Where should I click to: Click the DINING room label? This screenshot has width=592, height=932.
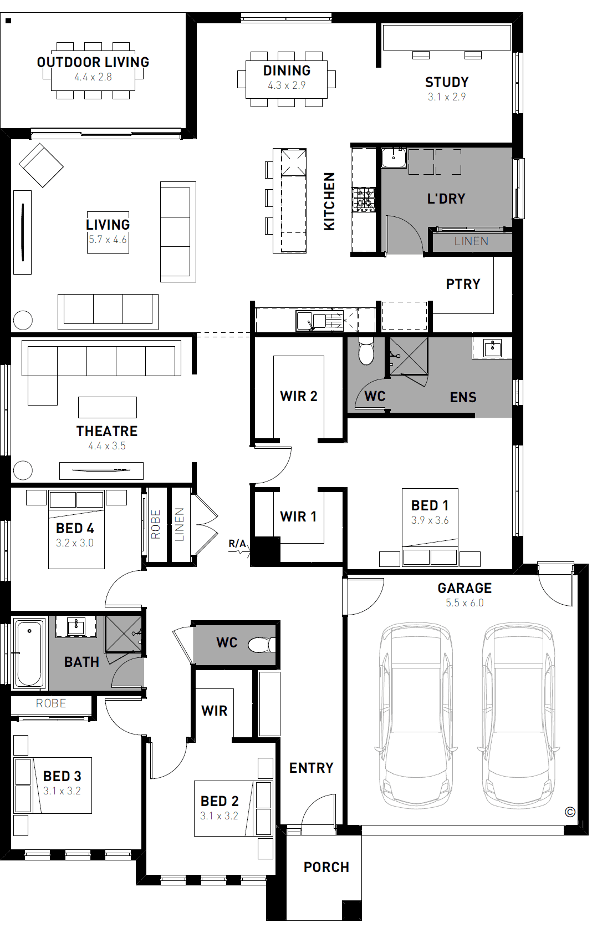click(x=287, y=70)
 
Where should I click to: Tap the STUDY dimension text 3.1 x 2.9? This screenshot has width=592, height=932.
click(x=447, y=97)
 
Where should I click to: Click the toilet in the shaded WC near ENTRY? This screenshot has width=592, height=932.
click(x=262, y=645)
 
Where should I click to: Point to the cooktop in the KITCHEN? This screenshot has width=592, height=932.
click(x=364, y=199)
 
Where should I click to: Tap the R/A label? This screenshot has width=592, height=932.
click(x=237, y=544)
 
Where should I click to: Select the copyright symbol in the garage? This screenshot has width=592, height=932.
click(x=570, y=812)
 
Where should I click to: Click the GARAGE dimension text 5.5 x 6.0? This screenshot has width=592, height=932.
click(x=465, y=603)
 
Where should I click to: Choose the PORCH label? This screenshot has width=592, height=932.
click(x=326, y=867)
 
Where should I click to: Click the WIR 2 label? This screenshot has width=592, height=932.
click(x=298, y=396)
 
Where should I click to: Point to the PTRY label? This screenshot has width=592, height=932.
click(x=463, y=284)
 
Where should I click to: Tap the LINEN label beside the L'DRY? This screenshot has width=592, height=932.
click(x=471, y=241)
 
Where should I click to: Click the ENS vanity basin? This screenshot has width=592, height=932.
click(x=493, y=347)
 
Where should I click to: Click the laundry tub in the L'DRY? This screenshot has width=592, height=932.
click(x=394, y=158)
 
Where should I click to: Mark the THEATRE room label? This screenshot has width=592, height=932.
click(x=107, y=431)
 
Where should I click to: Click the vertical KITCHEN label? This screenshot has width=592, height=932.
click(x=329, y=201)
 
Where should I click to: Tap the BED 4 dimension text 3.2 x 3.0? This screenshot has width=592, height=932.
click(x=75, y=543)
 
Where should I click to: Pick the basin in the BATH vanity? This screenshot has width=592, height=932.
click(x=76, y=626)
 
